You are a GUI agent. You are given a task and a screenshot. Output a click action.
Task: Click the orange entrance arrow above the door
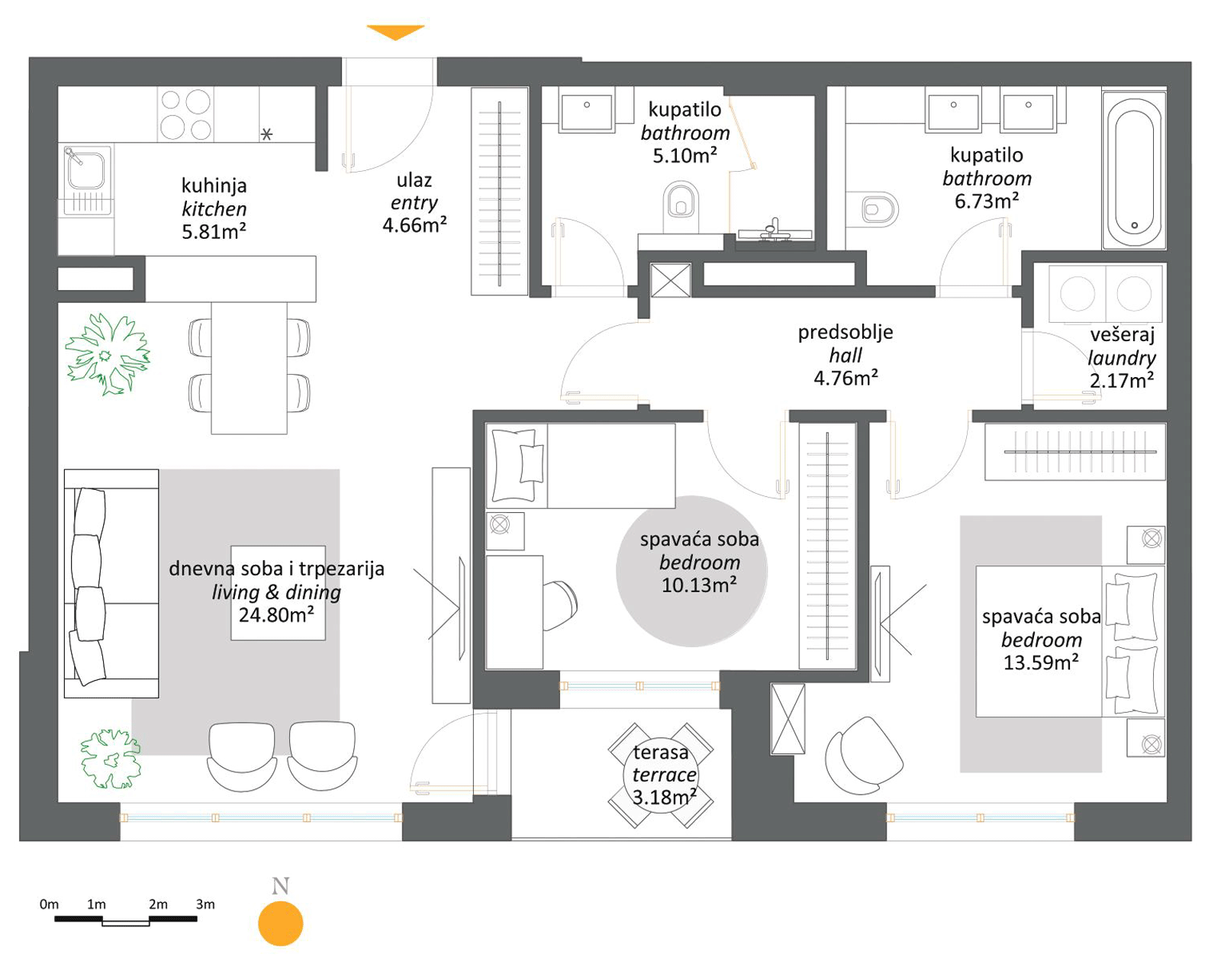pos(395,32)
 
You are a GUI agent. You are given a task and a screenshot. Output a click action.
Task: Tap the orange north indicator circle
pos(280,923)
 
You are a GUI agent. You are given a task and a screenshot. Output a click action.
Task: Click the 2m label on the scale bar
pos(158,904)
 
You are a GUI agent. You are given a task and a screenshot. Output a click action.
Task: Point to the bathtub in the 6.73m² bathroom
pos(1134,169)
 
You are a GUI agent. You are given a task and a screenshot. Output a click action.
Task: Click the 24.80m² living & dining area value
pos(276,614)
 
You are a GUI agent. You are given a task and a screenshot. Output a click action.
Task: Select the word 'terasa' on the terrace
pos(660,752)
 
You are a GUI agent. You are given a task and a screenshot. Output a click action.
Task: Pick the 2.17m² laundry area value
pos(1122,380)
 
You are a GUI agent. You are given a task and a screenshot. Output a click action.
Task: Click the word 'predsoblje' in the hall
pos(846,333)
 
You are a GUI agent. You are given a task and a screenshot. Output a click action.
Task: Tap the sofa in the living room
pos(111,584)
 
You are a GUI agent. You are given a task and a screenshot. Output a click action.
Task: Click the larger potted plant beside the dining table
pos(108,354)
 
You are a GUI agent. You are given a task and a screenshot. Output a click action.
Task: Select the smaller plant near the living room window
pos(110,759)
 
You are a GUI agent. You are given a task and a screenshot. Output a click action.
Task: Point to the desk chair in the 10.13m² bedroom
pos(560,605)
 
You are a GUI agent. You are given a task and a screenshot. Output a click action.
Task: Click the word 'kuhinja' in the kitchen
pos(214,185)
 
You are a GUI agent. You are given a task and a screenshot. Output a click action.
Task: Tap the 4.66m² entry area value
pos(414,225)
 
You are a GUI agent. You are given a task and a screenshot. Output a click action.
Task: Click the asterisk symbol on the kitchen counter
pos(266,134)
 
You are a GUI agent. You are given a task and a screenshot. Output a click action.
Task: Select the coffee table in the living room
pos(278,593)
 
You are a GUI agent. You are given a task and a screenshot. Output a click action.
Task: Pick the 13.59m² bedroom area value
pos(1041,662)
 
